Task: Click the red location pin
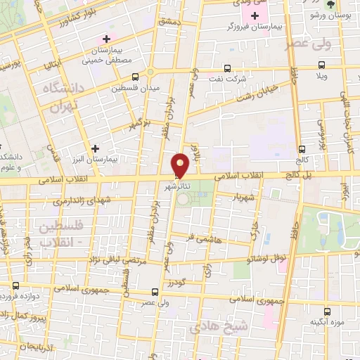[x=180, y=165]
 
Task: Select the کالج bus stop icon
[x=302, y=150]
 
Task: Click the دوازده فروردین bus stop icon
[x=16, y=286]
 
